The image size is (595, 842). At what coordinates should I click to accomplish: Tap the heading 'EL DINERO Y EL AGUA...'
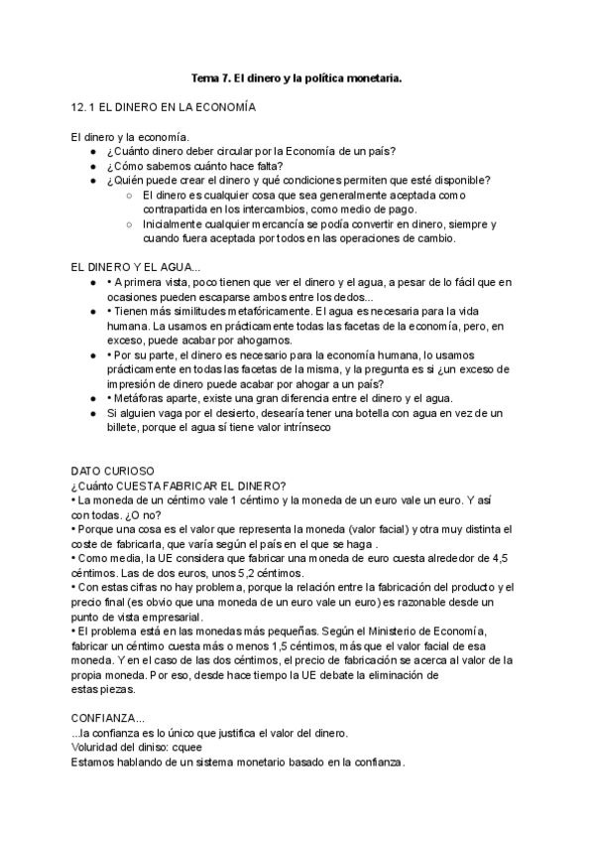[136, 267]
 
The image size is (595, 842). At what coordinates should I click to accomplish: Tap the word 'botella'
[381, 412]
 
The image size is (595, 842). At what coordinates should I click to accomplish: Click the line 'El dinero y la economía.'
[130, 136]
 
